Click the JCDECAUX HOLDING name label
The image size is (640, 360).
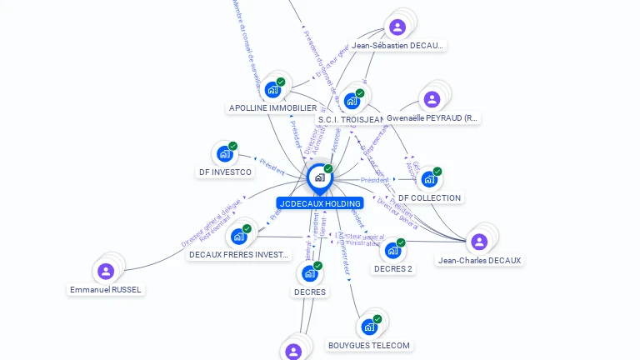(320, 203)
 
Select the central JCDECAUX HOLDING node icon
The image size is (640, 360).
(319, 177)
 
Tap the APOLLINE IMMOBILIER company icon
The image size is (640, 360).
(272, 89)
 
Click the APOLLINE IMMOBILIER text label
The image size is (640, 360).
(272, 108)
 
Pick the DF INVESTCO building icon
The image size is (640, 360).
(224, 153)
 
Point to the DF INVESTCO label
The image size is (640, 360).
(224, 172)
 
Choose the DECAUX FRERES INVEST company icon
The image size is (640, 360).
(239, 236)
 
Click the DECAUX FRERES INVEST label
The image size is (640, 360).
(239, 255)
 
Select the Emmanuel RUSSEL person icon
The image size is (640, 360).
(106, 271)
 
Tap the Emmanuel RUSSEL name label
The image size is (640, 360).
(106, 290)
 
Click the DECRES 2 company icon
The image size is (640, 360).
(392, 250)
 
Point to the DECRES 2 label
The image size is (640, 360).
(393, 269)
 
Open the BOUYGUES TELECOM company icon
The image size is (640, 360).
(368, 327)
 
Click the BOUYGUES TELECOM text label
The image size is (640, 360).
(369, 346)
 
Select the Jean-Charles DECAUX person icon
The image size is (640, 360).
(478, 242)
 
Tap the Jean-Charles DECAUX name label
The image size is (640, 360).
(480, 261)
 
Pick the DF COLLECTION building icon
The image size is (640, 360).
(428, 178)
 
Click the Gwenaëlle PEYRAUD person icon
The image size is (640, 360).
(432, 100)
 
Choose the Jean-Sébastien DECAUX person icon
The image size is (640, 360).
(398, 27)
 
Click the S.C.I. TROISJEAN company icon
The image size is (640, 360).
(351, 101)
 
